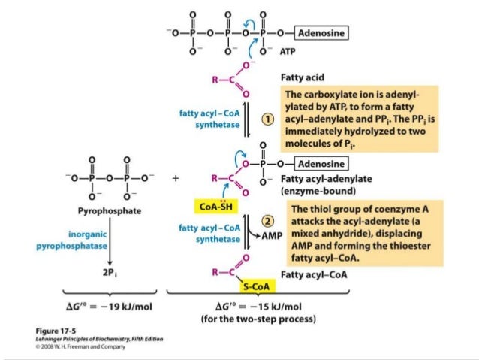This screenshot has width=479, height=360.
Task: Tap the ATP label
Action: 288,54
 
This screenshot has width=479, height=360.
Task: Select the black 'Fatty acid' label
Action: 302,77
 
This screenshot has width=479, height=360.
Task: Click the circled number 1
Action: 266,119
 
